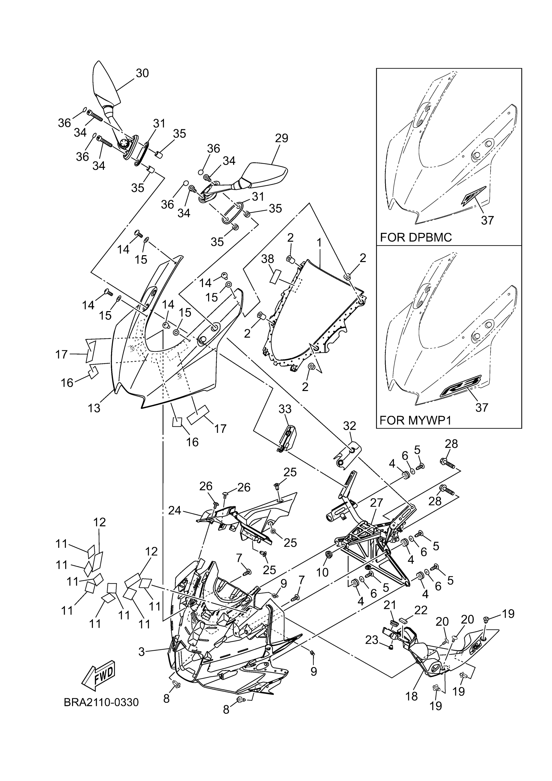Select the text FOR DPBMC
pos(416,237)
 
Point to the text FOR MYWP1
pos(415,421)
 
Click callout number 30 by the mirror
pos(143,73)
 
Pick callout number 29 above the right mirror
pos(281,138)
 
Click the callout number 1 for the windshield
pos(319,243)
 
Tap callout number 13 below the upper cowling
pos(94,408)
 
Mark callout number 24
pos(175,510)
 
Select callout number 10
pos(322,573)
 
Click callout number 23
pos(371,640)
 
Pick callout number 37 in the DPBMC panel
pos(487,220)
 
